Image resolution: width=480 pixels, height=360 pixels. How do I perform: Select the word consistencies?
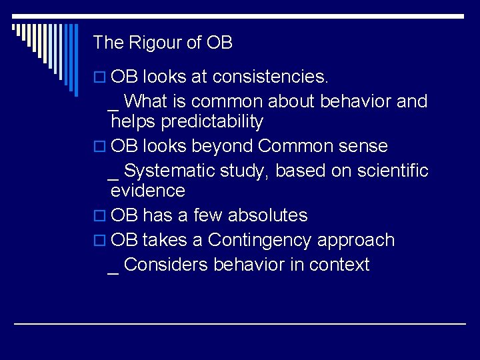pos(271,77)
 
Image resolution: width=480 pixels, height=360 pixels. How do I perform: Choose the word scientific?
pos(393,171)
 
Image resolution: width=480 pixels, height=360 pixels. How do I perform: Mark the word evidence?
pos(148,191)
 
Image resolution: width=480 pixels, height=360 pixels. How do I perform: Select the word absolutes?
pos(267,215)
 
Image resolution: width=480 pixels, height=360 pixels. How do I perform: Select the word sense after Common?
pos(363,146)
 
